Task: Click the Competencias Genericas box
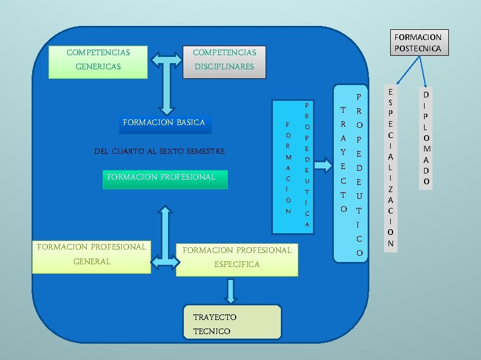98,62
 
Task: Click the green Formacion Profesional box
165,179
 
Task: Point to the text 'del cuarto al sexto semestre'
160,152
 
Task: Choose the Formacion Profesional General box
91,257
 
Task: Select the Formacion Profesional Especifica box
237,260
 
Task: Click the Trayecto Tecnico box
232,322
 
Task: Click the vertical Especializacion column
390,167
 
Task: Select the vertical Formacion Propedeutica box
296,166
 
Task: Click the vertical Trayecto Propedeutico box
351,174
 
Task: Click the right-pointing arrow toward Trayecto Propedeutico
323,166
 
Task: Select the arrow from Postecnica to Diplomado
422,70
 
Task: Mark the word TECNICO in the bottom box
212,331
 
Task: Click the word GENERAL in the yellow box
92,262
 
